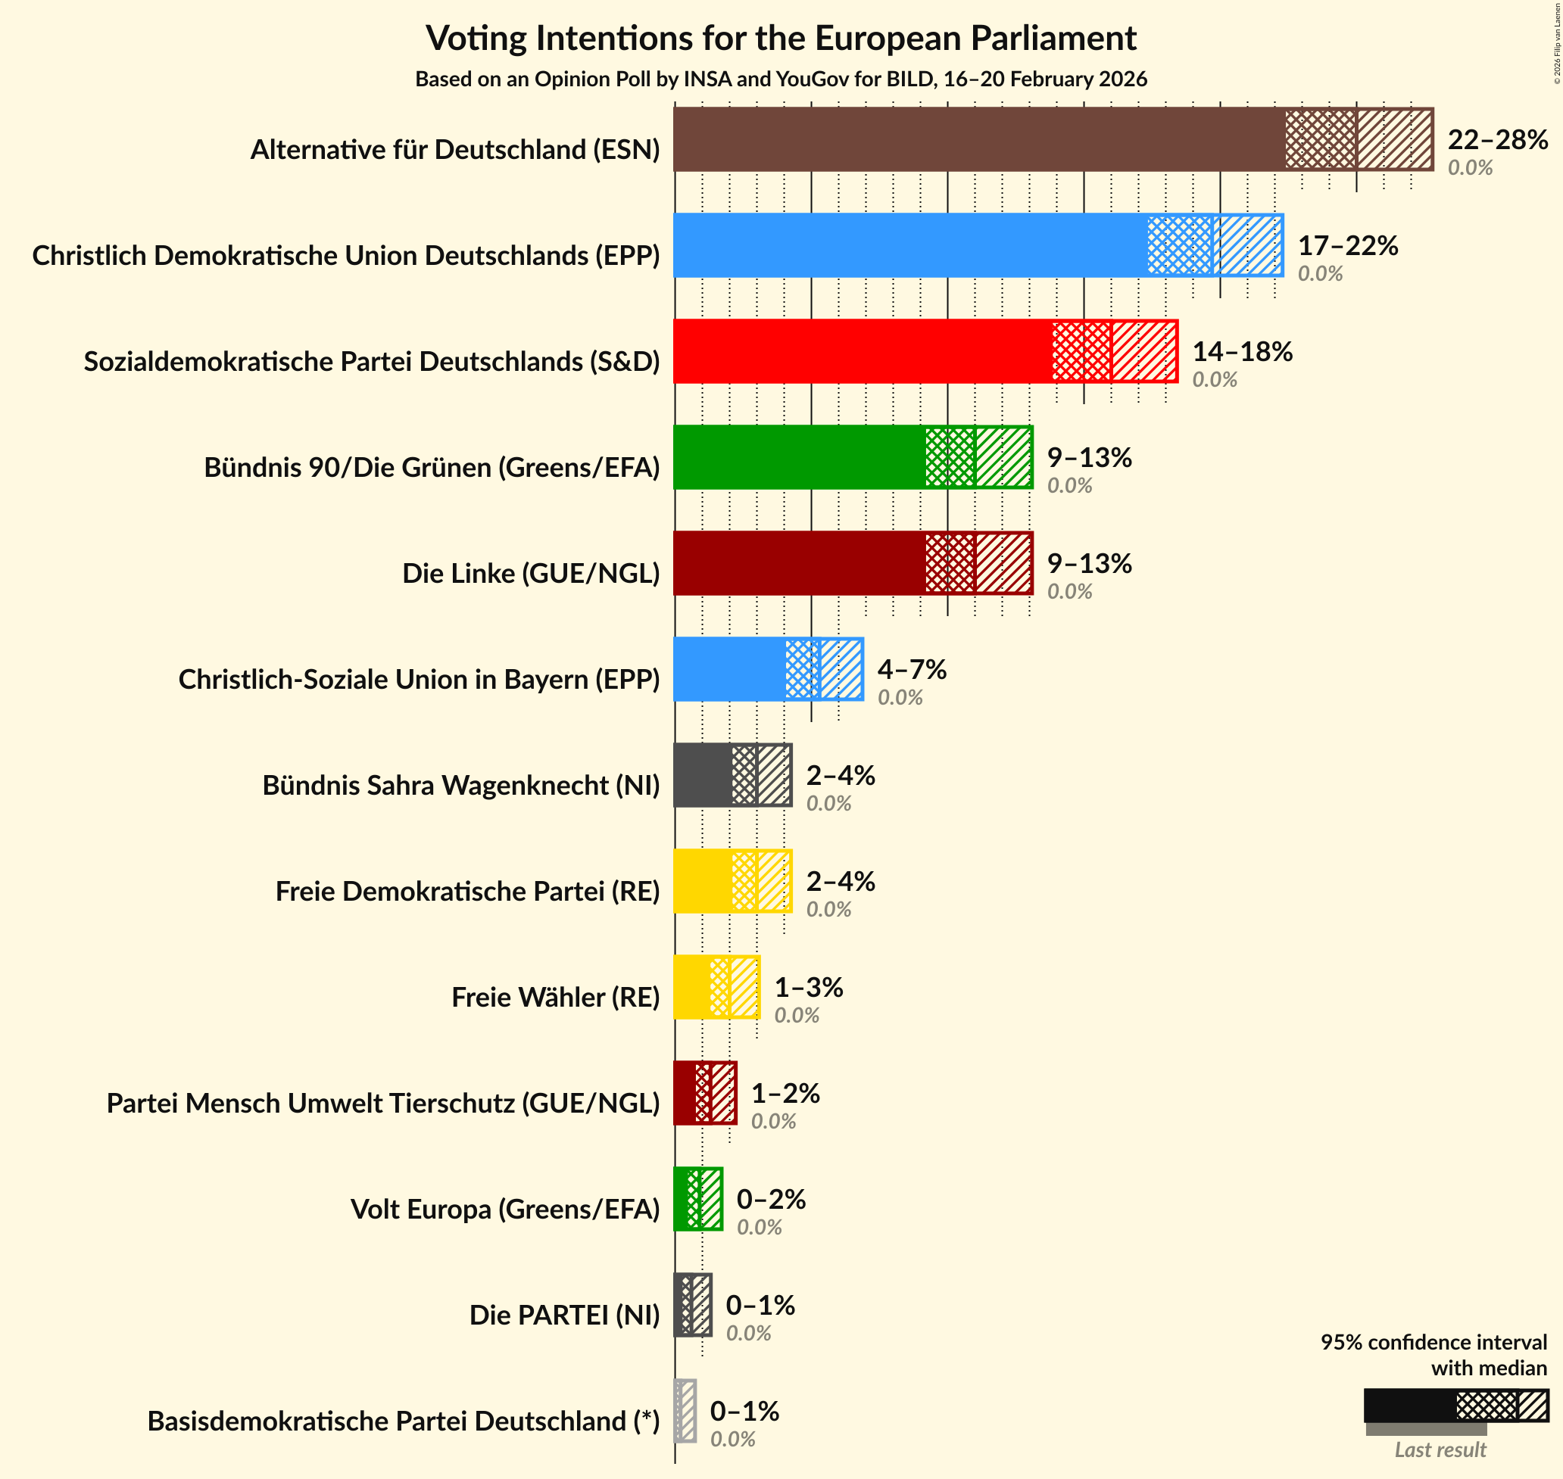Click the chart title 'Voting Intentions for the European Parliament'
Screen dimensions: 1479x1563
pos(781,38)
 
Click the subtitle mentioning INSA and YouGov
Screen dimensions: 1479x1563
pos(781,79)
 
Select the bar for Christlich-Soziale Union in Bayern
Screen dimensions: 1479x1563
pos(728,669)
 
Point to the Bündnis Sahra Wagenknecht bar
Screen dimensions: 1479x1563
pos(702,775)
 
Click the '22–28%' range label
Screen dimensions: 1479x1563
pos(1497,139)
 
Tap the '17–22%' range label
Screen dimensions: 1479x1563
pos(1348,246)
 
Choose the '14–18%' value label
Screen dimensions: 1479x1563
pos(1242,352)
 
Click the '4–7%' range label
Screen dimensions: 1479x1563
pos(912,669)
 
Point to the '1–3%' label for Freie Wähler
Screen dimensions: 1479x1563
pos(808,987)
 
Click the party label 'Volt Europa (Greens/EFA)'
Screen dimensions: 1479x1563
pos(504,1209)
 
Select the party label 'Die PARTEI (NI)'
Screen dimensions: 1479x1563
pos(564,1315)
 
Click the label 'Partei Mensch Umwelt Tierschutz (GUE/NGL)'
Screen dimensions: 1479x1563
pos(382,1103)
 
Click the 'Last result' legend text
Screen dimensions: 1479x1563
pos(1440,1449)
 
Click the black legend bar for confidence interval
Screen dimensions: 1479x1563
pos(1409,1406)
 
